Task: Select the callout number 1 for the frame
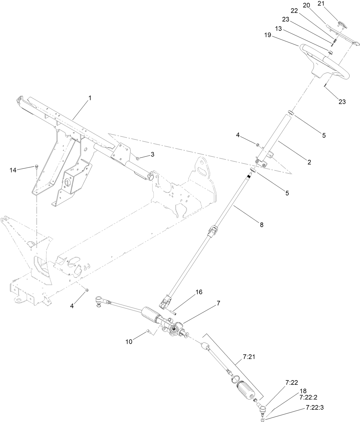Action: [90, 98]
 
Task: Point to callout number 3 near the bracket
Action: [153, 154]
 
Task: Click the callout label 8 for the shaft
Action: [261, 225]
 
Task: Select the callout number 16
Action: [199, 292]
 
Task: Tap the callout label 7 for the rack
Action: [218, 303]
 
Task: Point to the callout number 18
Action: [303, 391]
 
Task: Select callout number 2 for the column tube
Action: [309, 162]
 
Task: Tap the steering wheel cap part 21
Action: [342, 24]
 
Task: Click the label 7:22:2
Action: [308, 397]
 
